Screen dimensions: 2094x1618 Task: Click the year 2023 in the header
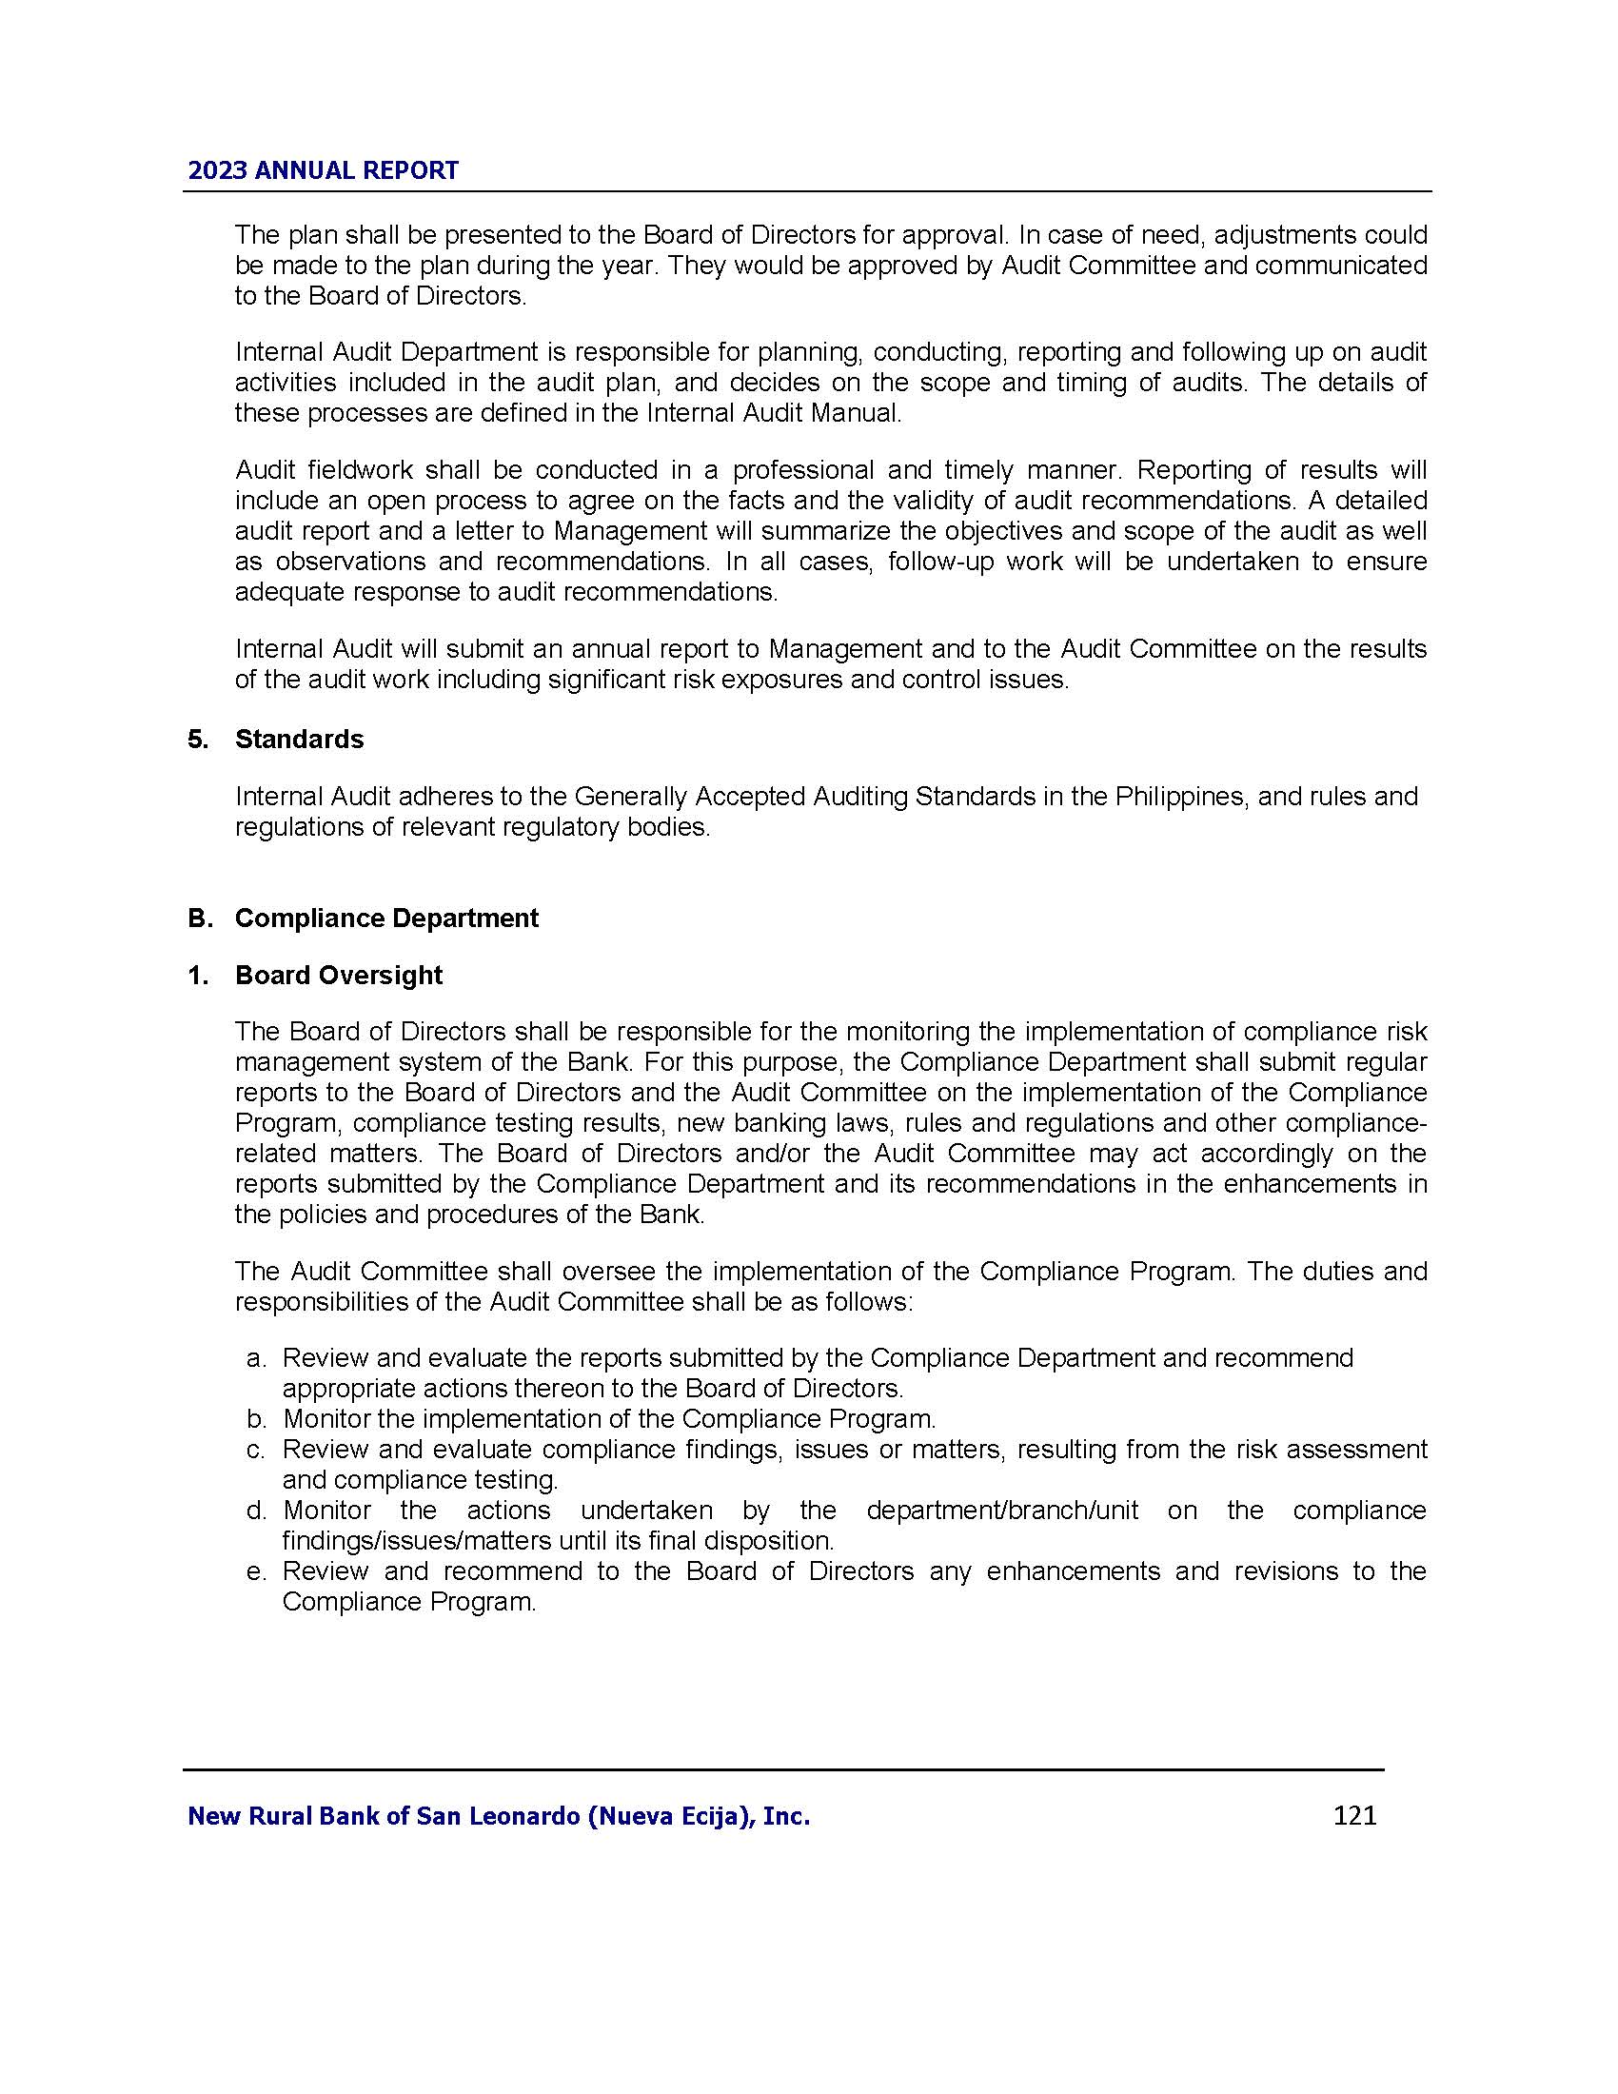click(218, 170)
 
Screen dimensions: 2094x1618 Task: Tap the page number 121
click(1354, 1815)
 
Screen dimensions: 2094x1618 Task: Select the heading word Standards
click(299, 740)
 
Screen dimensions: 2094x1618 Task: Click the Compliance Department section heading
click(386, 918)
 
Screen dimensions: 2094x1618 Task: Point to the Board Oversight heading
click(339, 975)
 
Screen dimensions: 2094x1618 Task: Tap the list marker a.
click(255, 1358)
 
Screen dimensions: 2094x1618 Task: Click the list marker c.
click(255, 1450)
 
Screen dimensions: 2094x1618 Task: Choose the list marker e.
click(255, 1571)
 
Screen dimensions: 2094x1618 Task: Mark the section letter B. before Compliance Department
click(199, 918)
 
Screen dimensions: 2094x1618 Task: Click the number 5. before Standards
click(197, 740)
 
